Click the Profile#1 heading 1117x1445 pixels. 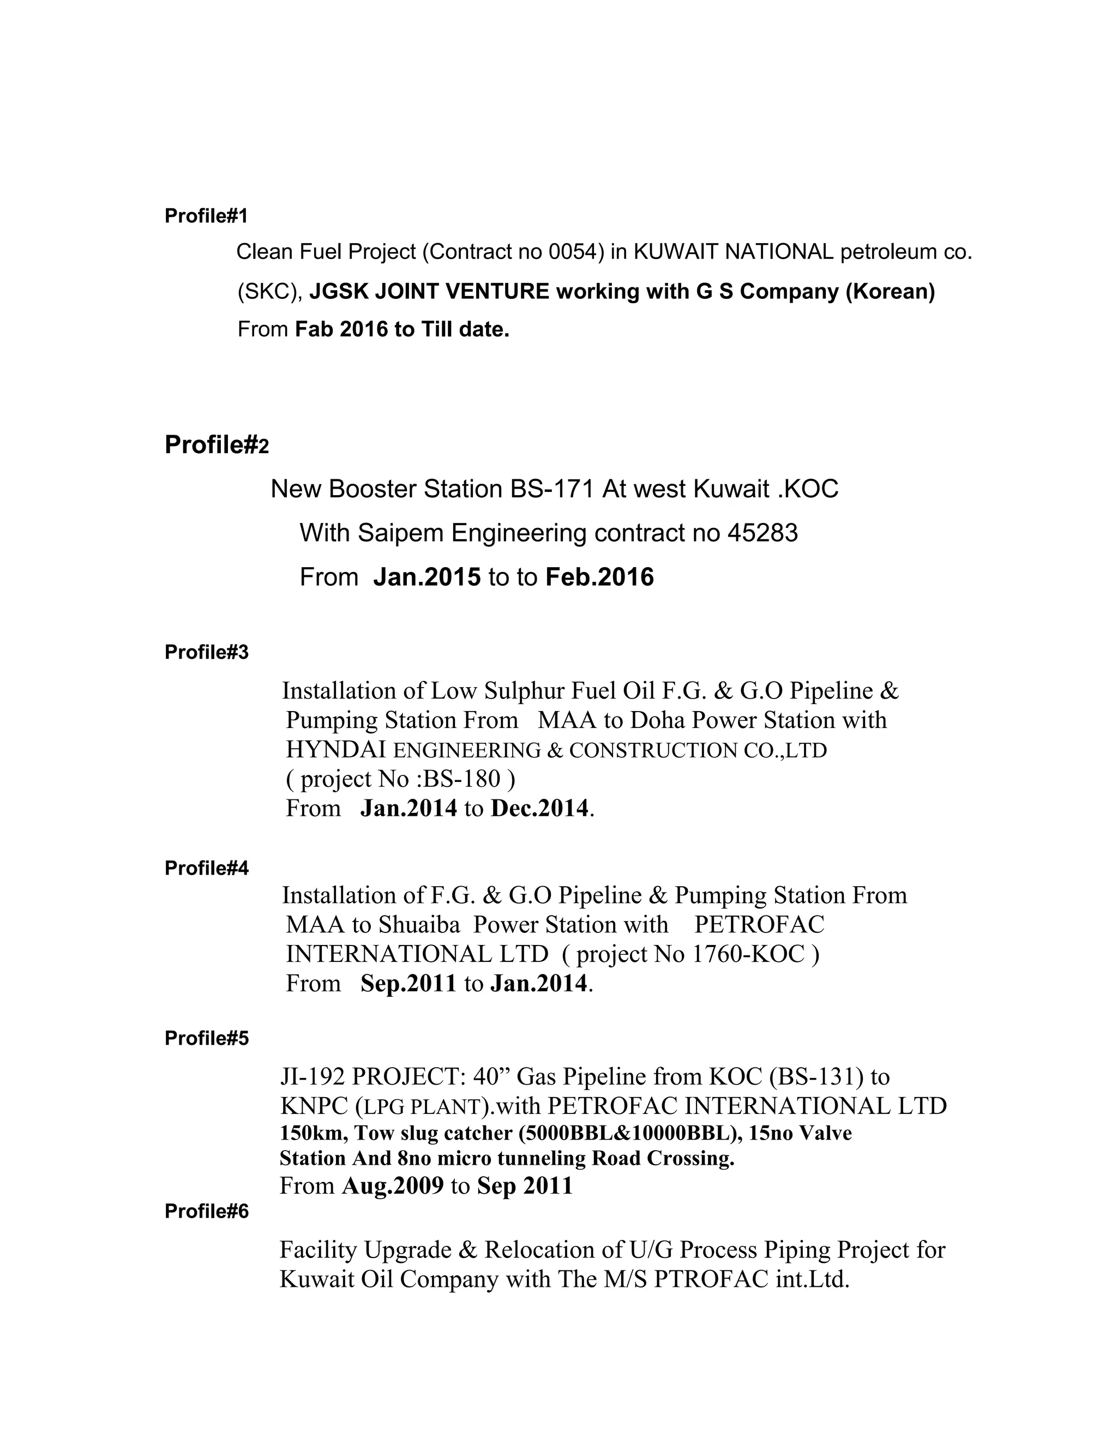click(x=206, y=216)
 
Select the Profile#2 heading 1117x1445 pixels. click(x=217, y=445)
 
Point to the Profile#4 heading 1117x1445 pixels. click(x=207, y=868)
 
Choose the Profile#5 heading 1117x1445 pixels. click(x=207, y=1039)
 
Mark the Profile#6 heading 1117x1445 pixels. click(x=207, y=1212)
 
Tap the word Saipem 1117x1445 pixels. click(x=400, y=533)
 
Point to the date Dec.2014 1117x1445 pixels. click(x=539, y=809)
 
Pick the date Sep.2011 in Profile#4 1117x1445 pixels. click(x=409, y=984)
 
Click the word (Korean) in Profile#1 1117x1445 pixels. click(x=890, y=291)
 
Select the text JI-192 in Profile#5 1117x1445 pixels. click(x=313, y=1077)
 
